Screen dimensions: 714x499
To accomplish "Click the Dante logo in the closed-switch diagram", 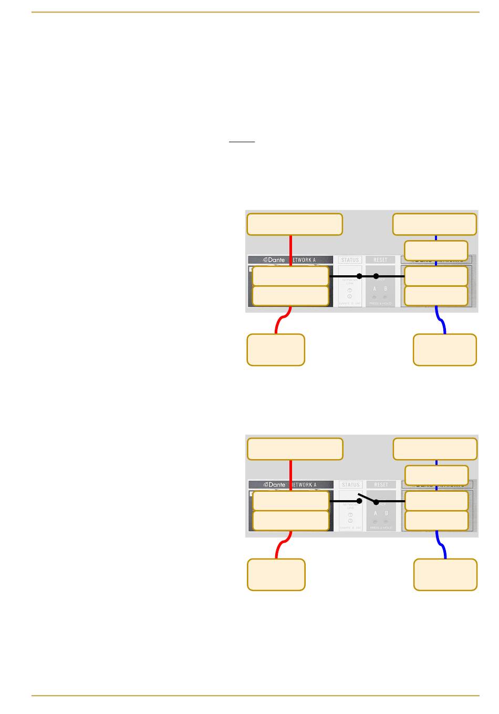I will (x=274, y=260).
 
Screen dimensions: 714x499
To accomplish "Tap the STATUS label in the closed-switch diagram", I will (x=350, y=260).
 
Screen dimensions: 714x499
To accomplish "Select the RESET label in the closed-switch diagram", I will (x=380, y=260).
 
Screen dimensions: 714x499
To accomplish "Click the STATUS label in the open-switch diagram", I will (x=350, y=484).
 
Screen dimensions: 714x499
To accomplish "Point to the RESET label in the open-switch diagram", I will (x=381, y=484).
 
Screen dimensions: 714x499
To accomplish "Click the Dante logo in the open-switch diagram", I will (x=274, y=484).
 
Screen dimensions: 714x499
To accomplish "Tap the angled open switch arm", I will (x=367, y=497).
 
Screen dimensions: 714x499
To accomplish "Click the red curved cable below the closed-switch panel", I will (x=281, y=322).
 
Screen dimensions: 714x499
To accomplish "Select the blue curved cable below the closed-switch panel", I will (x=440, y=322).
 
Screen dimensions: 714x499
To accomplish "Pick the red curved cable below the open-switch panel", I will (x=282, y=546).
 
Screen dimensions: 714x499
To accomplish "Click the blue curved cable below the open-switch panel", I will (x=441, y=546).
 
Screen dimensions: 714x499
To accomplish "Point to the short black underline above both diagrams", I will (x=242, y=142).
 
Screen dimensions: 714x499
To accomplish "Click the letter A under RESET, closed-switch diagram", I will (x=375, y=289).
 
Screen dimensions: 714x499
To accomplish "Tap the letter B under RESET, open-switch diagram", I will (x=386, y=513).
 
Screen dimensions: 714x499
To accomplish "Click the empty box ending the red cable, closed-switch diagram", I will (x=275, y=349).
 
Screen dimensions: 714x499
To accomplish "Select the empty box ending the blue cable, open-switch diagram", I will (x=445, y=574).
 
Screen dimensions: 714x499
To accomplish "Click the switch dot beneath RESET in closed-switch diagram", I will (x=376, y=276).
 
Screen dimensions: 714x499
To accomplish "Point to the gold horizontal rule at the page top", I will (x=255, y=12).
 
